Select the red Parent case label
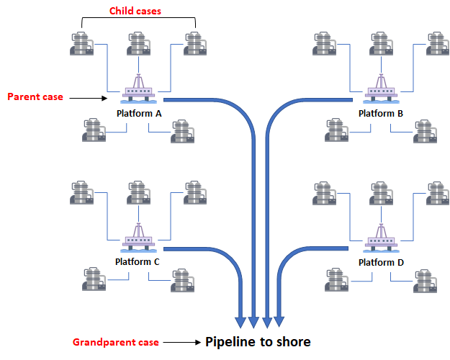tap(35, 96)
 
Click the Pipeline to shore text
tap(258, 341)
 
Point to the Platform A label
tap(139, 114)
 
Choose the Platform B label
tap(381, 114)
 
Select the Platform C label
tap(137, 262)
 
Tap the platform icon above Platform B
tap(379, 89)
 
